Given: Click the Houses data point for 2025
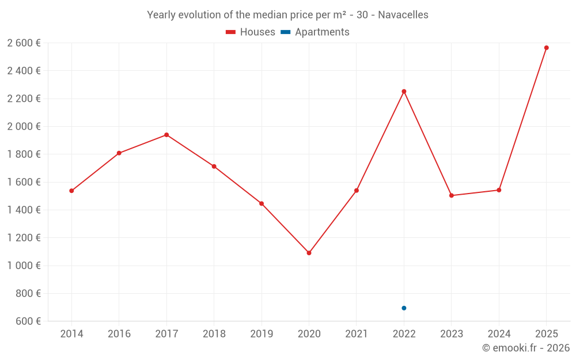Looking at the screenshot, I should pos(546,48).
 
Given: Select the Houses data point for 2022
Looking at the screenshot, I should pos(404,92).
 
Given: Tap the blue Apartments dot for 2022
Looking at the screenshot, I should pos(404,308).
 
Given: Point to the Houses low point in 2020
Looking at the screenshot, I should pos(309,253).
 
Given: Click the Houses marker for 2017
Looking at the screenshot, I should pos(166,135).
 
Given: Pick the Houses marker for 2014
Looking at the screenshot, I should pos(71,191).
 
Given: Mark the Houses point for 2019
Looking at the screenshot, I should pos(262,203).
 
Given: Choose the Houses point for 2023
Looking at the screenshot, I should pos(452,195).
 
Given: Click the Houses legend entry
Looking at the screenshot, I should pos(251,32).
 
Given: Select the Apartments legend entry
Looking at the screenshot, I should pos(315,32).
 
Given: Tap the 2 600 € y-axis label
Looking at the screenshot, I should pos(24,43).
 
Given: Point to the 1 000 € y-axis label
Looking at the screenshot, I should pos(24,266).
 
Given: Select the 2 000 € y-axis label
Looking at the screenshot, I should pos(24,127).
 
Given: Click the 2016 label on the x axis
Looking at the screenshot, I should pos(119,334).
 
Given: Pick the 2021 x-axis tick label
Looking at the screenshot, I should pos(357,334).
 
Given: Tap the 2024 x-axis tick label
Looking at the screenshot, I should pos(499,334).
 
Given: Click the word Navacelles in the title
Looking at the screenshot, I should pos(403,15).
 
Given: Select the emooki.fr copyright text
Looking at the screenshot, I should pos(526,348).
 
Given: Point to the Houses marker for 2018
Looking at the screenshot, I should pos(214,166).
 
